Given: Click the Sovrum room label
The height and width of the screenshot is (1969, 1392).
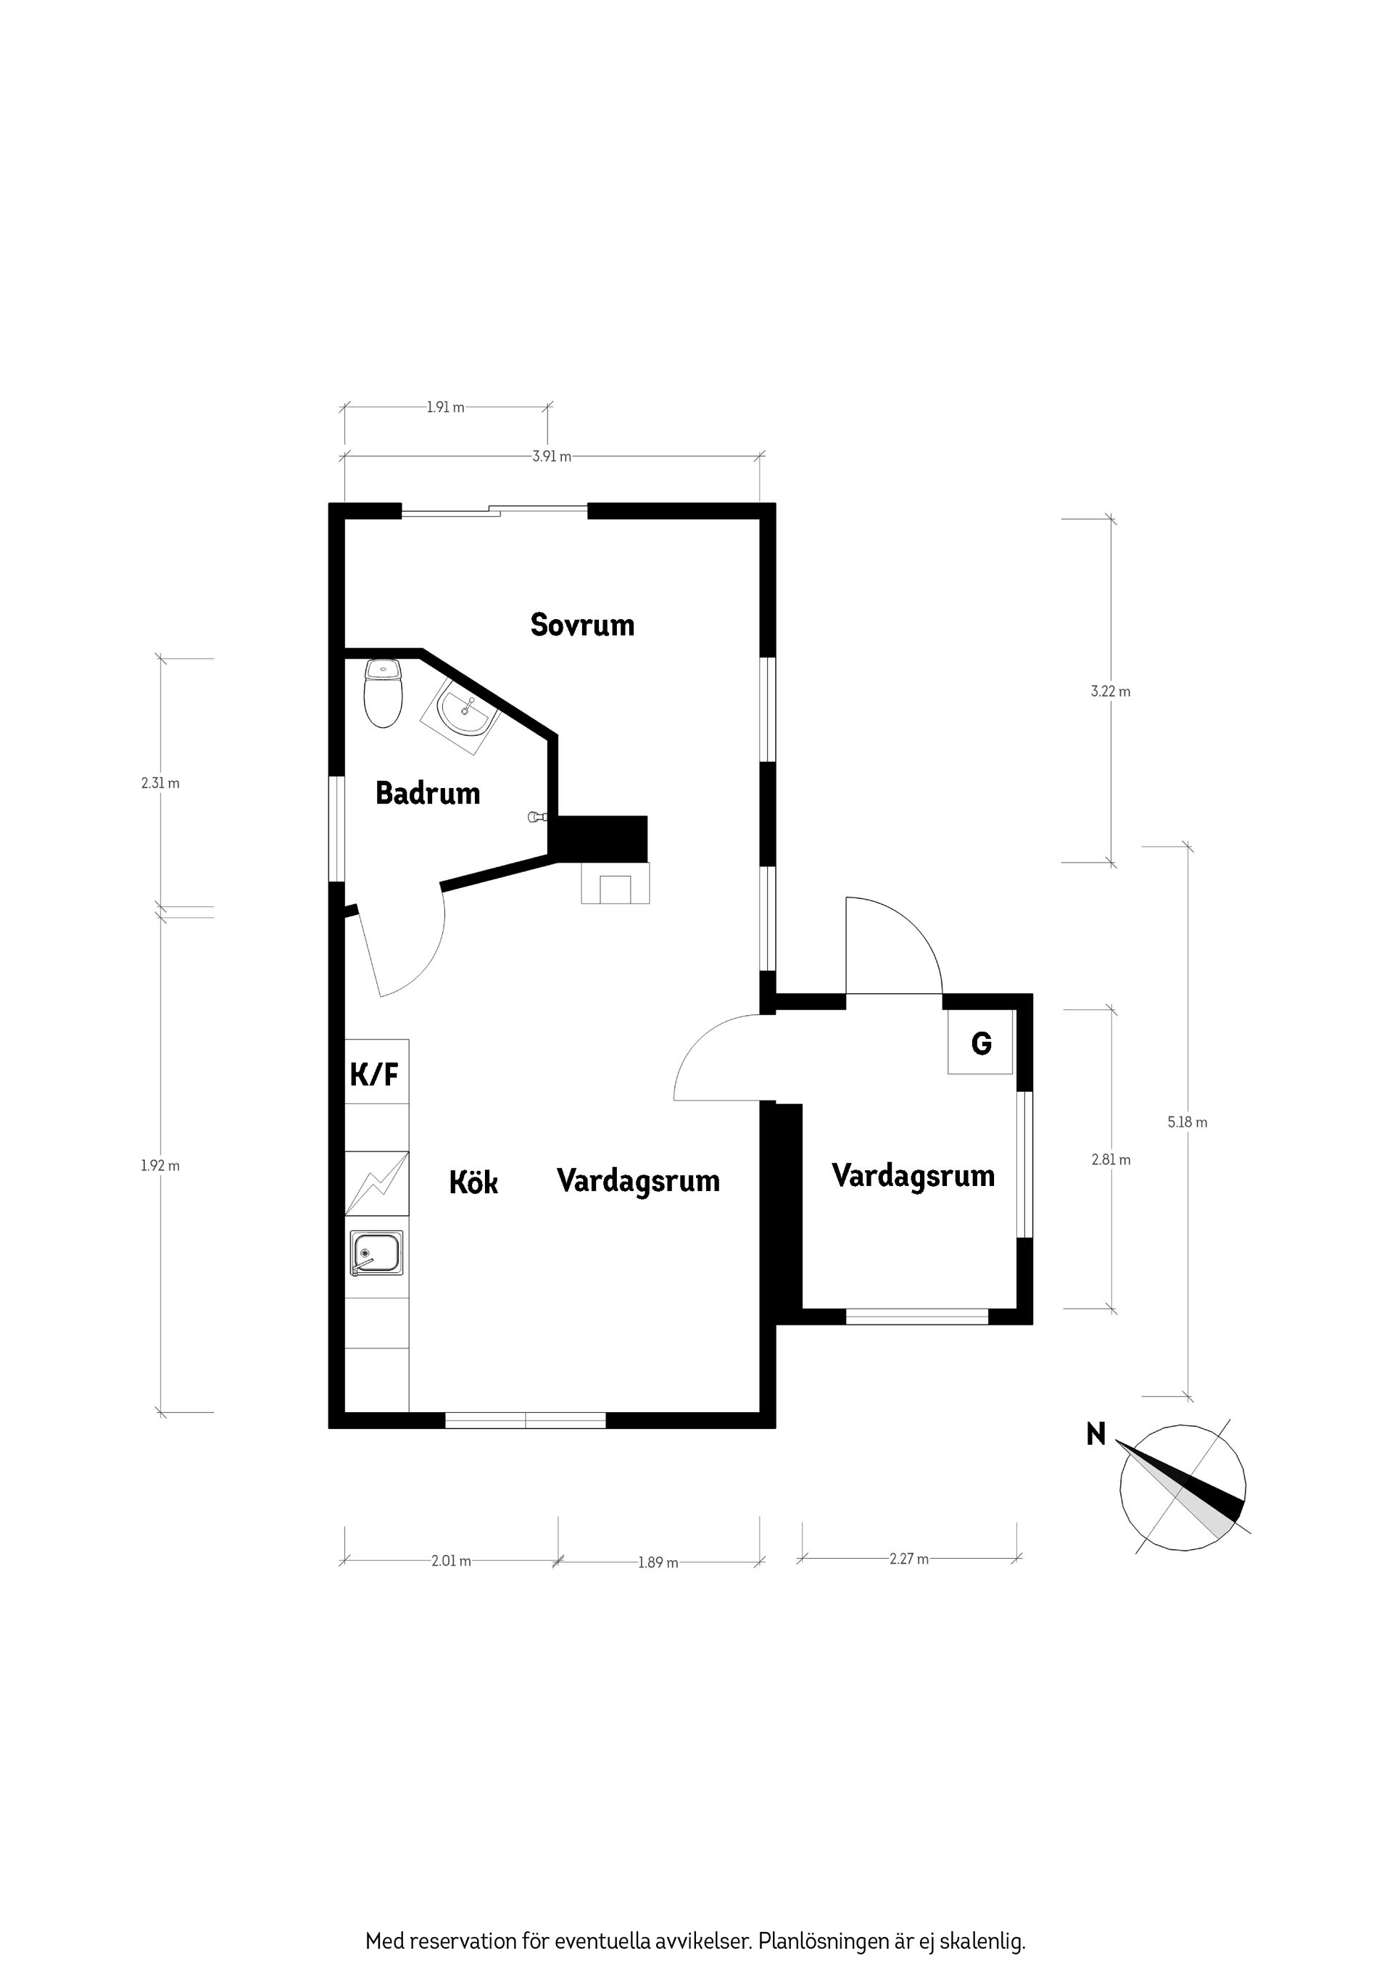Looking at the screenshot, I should (582, 624).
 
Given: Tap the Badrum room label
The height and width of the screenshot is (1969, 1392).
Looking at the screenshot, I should (427, 793).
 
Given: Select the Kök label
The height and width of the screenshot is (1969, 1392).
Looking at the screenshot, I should (473, 1182).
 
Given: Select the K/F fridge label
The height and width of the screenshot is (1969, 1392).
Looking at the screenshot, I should (375, 1074).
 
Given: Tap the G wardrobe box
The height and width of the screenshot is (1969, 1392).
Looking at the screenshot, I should (981, 1042).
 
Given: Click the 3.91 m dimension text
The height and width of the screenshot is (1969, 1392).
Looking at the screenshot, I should (552, 457).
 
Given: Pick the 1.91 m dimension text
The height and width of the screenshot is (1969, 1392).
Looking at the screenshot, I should (445, 407).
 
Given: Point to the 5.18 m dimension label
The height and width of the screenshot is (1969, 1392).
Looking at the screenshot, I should (1187, 1122).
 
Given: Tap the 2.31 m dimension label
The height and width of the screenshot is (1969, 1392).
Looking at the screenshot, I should (160, 783).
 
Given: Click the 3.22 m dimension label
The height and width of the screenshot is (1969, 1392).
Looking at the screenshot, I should (1110, 691).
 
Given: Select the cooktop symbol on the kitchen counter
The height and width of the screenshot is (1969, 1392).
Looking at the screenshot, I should (376, 1183).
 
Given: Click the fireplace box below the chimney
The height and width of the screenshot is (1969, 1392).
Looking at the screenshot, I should (615, 883).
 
